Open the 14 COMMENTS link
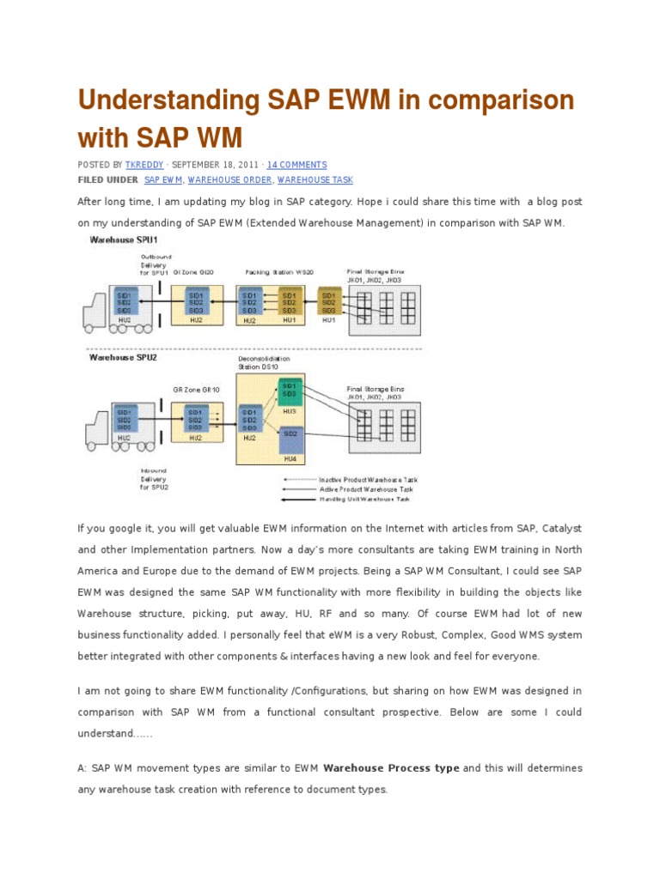297,165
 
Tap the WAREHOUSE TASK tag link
315,180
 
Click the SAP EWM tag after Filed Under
163,180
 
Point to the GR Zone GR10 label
196,390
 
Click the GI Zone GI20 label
193,272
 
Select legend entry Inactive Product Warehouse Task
364,479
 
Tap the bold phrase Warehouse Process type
391,767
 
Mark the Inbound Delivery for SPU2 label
155,479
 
